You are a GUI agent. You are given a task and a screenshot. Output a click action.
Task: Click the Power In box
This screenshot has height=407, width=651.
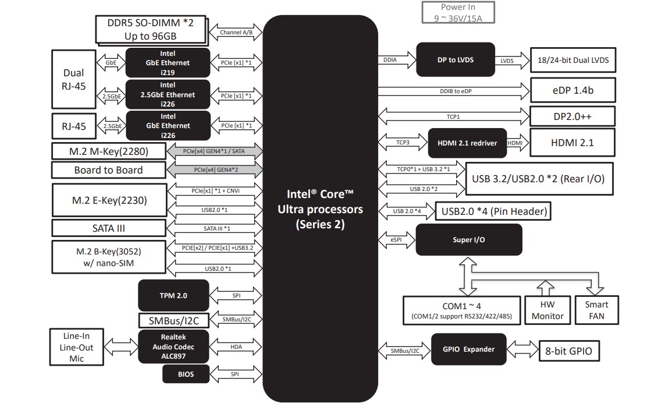click(x=458, y=12)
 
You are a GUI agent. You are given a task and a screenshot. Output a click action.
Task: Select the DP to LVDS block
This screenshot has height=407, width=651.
click(x=456, y=59)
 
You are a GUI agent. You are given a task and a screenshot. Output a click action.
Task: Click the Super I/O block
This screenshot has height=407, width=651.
click(x=468, y=239)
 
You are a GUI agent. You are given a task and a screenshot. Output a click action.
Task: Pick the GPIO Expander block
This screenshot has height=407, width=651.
click(x=468, y=349)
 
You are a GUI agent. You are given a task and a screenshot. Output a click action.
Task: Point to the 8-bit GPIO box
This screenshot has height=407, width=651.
click(x=569, y=351)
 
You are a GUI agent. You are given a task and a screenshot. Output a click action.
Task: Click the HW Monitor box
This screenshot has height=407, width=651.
click(x=547, y=310)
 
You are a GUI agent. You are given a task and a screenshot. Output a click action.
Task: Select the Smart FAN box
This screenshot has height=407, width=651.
click(x=596, y=310)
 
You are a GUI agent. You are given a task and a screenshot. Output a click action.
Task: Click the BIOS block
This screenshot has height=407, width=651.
click(x=186, y=374)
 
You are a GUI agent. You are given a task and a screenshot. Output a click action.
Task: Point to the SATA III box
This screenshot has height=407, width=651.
click(x=108, y=228)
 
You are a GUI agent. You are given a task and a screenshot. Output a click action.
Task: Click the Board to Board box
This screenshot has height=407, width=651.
click(x=108, y=170)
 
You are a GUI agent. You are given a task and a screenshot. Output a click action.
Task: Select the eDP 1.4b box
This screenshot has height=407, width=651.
click(x=572, y=91)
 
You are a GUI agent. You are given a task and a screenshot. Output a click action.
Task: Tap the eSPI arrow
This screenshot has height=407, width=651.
click(x=397, y=239)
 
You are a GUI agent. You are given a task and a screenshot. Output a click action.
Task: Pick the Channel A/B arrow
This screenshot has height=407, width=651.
click(x=236, y=33)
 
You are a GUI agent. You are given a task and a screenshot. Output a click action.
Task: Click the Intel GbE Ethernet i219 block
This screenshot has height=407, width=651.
click(x=168, y=63)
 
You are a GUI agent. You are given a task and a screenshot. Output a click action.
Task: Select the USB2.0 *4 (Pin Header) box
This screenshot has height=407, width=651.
click(x=493, y=211)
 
